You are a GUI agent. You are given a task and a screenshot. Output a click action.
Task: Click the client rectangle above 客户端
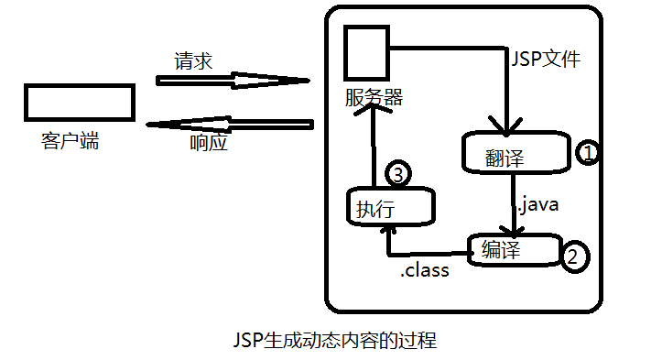79,102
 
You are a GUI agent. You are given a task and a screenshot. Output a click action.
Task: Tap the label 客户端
71,141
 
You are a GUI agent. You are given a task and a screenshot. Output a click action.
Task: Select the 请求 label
194,61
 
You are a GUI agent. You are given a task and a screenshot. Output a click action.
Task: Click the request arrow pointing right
233,82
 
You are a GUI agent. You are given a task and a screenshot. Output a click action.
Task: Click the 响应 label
209,143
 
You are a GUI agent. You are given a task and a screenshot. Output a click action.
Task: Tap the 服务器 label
374,96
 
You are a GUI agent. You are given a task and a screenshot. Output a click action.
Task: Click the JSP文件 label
544,61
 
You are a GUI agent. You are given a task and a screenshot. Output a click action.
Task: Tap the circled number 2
572,256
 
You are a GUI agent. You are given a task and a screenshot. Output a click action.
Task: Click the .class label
425,271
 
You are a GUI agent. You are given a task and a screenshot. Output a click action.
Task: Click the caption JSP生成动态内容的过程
334,342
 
